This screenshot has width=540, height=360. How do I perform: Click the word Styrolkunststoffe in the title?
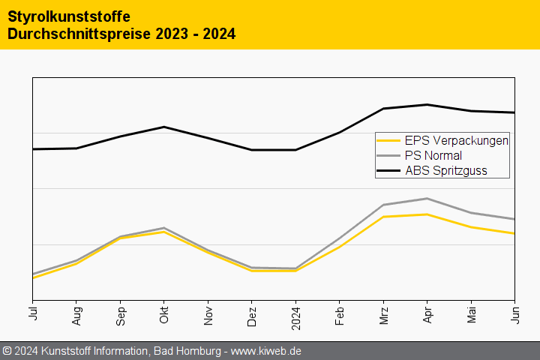point(68,16)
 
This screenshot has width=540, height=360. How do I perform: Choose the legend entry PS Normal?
point(433,155)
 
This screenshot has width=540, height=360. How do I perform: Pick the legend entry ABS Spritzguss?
point(445,170)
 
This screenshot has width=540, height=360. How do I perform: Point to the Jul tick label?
point(32,314)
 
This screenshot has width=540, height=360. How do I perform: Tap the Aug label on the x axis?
point(76,315)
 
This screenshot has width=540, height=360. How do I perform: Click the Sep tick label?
point(120,315)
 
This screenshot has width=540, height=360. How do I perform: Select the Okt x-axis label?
point(163,314)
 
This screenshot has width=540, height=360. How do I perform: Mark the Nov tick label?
point(208,314)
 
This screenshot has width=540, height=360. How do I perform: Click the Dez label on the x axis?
point(251,315)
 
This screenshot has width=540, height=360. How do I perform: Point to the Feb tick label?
point(339,315)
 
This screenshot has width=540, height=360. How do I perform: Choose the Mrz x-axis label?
point(383,315)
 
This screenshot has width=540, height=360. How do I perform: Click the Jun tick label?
point(514,314)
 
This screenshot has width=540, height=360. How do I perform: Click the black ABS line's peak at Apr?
point(427,104)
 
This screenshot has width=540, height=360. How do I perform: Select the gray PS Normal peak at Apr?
point(427,198)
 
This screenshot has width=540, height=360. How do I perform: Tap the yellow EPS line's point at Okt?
point(163,232)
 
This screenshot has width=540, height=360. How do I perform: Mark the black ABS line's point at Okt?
point(163,127)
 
